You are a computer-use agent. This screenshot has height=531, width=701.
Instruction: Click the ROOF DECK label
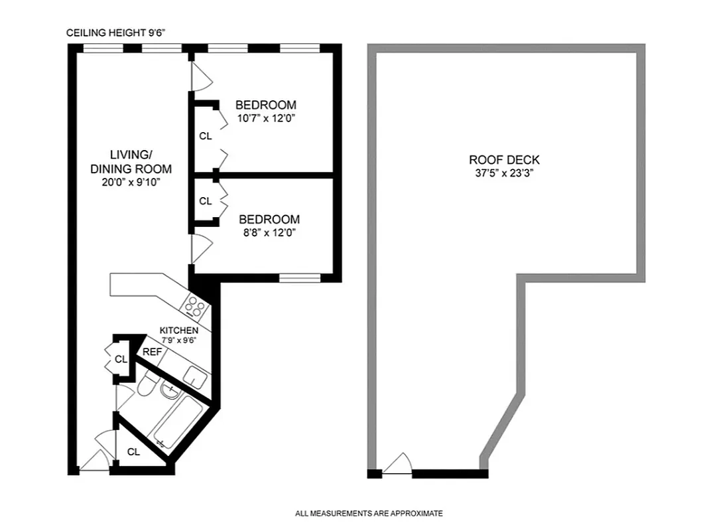[504, 160]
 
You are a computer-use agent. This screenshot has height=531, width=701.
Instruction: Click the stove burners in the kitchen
[195, 306]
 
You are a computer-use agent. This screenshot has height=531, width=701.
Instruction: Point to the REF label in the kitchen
[152, 352]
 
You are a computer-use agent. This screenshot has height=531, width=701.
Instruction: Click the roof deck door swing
[398, 463]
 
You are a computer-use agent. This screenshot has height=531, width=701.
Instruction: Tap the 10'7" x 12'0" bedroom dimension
[265, 119]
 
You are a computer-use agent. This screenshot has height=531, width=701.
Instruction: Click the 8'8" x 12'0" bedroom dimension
[269, 233]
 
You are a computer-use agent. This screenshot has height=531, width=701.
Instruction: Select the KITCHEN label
[178, 331]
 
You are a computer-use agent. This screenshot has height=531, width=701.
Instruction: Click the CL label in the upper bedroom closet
[206, 136]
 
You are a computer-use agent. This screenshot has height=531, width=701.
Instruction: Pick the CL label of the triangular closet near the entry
[133, 452]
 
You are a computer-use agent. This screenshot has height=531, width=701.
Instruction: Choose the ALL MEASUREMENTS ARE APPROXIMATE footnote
[369, 513]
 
